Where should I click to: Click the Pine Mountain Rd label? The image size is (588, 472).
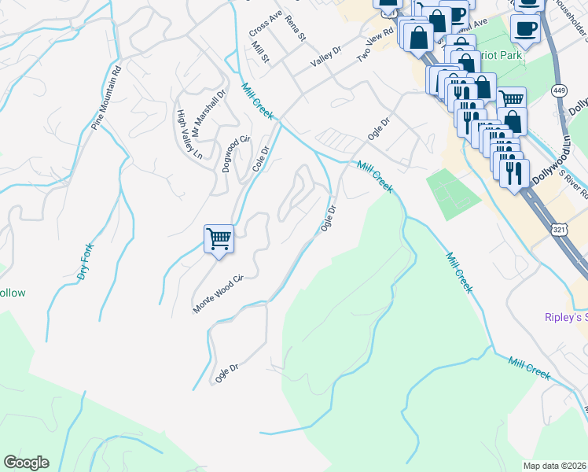point(107,97)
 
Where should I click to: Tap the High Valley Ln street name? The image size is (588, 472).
point(189,134)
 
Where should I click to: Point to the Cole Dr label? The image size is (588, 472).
point(261,159)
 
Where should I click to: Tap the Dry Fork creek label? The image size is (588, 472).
point(85,262)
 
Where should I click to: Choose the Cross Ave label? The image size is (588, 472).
point(265,23)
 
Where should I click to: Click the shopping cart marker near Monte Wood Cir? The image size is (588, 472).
point(219,238)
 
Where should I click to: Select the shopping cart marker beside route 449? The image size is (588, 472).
point(512,98)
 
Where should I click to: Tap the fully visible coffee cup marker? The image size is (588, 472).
point(524,29)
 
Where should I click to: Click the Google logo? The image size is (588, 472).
point(26,463)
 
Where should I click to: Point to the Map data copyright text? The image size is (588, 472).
point(555,466)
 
